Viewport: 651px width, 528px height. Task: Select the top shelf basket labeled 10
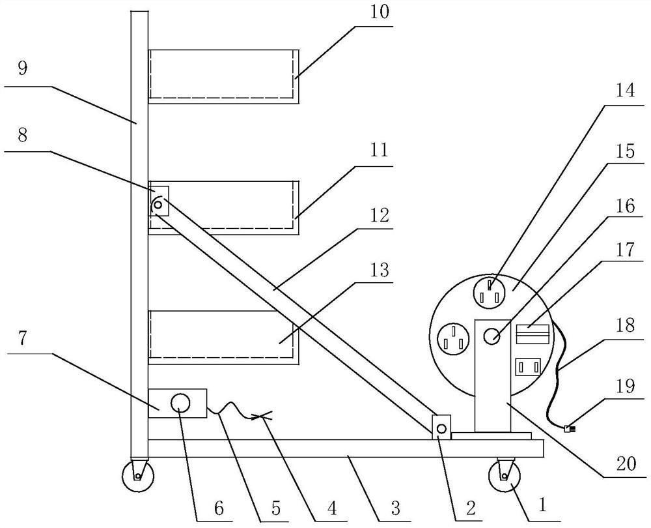(223, 76)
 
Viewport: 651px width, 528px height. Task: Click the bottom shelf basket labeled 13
(223, 334)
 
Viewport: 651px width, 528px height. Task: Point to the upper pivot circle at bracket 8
(158, 205)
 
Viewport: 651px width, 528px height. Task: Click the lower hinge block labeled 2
(442, 427)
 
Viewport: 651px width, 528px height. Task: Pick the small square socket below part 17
(527, 368)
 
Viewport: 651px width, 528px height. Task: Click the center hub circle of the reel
(493, 337)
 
